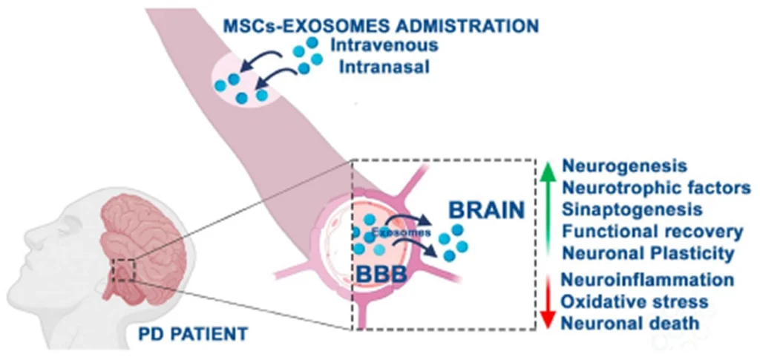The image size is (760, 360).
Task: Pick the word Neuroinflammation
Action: point(648,280)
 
